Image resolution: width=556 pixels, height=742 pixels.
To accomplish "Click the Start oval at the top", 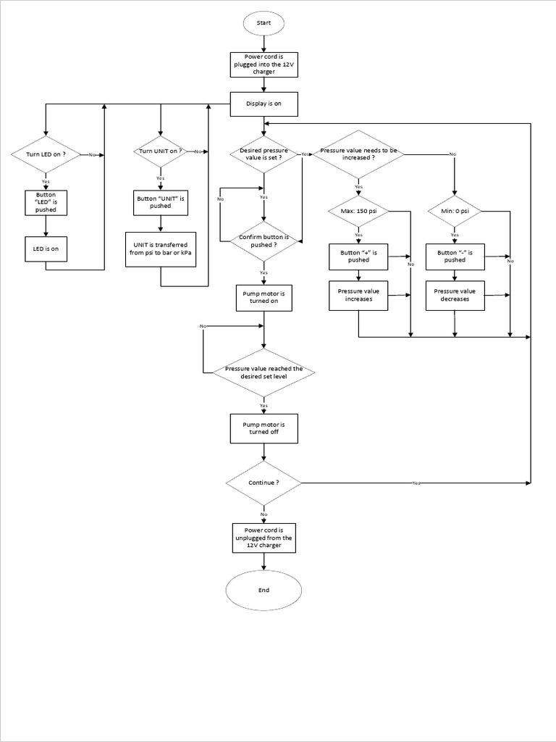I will [x=264, y=23].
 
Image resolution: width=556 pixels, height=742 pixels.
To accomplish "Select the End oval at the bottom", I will [x=264, y=590].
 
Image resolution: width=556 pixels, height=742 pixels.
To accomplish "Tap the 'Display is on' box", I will [x=264, y=104].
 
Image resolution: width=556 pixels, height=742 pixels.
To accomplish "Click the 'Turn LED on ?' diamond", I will [x=46, y=154].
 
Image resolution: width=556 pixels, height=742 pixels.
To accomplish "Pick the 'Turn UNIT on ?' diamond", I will [x=160, y=151].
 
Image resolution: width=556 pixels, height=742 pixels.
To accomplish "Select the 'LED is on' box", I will [x=46, y=249].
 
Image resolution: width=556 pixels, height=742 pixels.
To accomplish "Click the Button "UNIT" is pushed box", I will [x=160, y=202].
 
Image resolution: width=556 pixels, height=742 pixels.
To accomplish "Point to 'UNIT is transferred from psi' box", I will [x=160, y=249].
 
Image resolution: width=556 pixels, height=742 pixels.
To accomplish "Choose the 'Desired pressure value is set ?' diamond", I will [x=264, y=154].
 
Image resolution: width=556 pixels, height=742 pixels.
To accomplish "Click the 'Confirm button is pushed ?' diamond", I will [x=264, y=241].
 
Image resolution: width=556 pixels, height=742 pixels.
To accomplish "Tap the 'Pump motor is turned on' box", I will [x=264, y=297].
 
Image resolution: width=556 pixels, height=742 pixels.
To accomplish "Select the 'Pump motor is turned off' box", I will [x=264, y=428].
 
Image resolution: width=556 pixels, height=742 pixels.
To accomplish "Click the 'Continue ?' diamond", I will [x=264, y=483].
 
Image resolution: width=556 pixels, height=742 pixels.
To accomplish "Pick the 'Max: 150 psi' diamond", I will [x=358, y=211].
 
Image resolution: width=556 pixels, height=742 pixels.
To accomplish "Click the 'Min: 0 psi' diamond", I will [x=455, y=211].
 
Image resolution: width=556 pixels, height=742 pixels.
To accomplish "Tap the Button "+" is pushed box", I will [x=358, y=255].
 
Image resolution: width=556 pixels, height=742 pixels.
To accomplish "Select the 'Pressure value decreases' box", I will [x=455, y=295].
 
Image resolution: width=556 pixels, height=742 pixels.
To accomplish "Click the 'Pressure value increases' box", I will [x=358, y=295].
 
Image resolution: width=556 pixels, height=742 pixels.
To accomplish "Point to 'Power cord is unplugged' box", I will [x=264, y=538].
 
